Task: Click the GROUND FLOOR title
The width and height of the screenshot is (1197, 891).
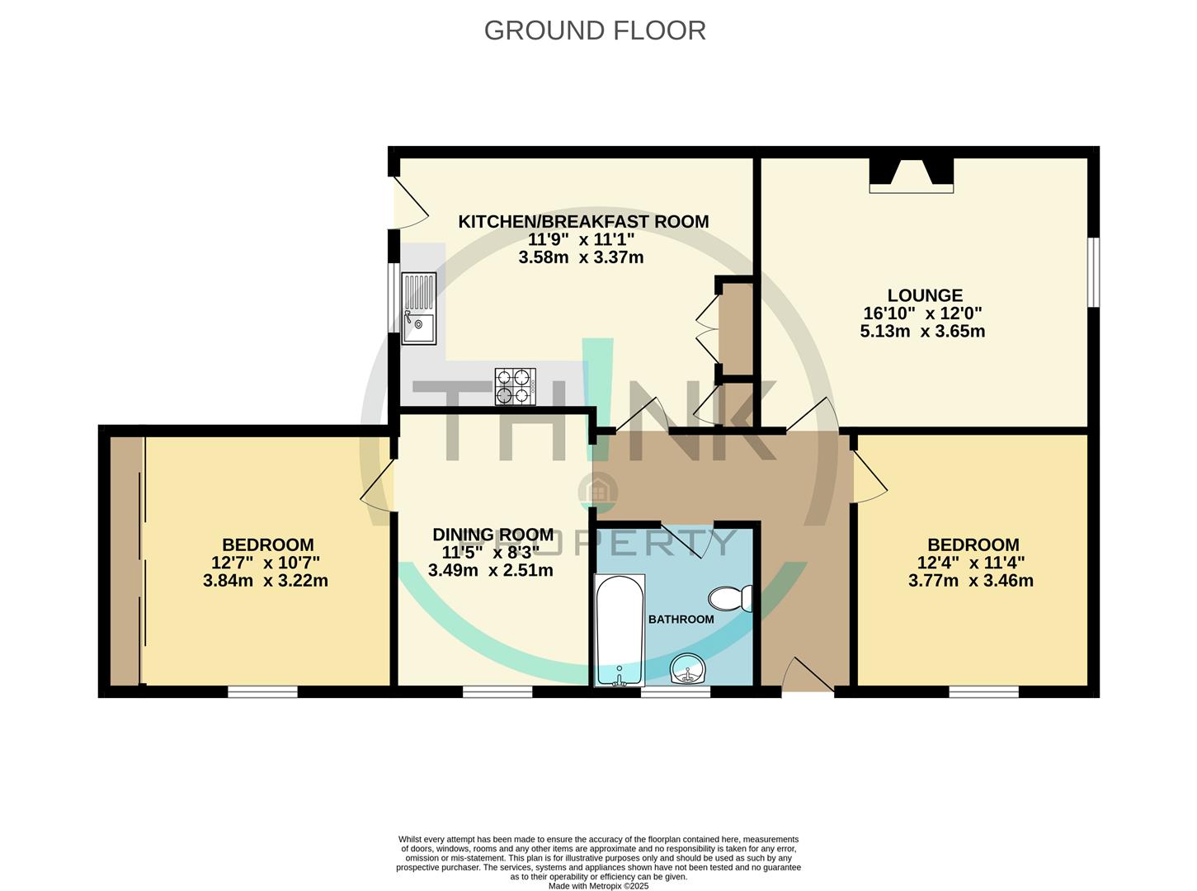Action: pyautogui.click(x=594, y=31)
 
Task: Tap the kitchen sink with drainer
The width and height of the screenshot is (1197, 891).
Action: pyautogui.click(x=418, y=308)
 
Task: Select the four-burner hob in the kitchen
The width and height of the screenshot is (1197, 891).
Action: pyautogui.click(x=515, y=387)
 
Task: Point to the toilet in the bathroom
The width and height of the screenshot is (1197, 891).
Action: pyautogui.click(x=731, y=598)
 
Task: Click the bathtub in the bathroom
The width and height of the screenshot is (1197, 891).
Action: pyautogui.click(x=620, y=630)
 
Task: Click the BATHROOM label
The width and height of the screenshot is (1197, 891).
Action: pyautogui.click(x=681, y=619)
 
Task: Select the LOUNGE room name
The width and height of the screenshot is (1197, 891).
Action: pyautogui.click(x=924, y=295)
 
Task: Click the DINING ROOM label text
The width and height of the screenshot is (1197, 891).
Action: pyautogui.click(x=492, y=535)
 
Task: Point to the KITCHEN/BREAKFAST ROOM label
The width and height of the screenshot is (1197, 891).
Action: pyautogui.click(x=583, y=221)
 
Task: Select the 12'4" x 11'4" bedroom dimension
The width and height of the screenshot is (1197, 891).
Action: pyautogui.click(x=972, y=563)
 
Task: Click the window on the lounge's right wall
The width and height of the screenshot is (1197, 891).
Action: pyautogui.click(x=1093, y=272)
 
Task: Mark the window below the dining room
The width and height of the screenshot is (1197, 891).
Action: pyautogui.click(x=497, y=691)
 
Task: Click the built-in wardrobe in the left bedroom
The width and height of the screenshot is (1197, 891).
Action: pyautogui.click(x=125, y=560)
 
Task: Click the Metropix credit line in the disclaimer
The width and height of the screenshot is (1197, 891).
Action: pyautogui.click(x=598, y=886)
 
